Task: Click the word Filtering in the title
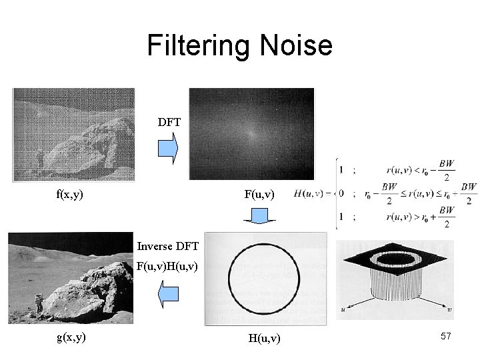coord(193,46)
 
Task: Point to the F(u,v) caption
coord(258,195)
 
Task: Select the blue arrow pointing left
coord(169,295)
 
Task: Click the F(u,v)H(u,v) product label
coord(167,267)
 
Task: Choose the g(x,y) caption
coord(70,337)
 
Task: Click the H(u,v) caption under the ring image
coord(265,339)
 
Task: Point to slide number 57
coord(446,337)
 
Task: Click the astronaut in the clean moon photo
coord(39,304)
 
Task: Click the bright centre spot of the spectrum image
coord(251,133)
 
